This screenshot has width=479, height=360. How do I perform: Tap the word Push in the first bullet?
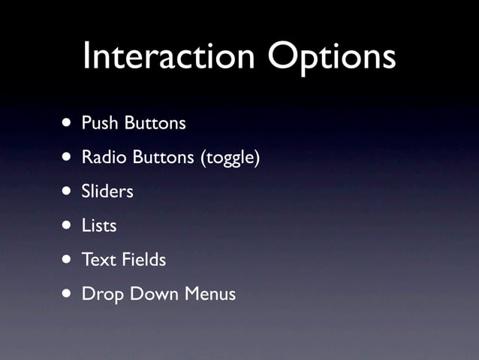tap(98, 123)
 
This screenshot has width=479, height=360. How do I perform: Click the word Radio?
tap(103, 158)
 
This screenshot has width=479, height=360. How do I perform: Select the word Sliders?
tap(107, 192)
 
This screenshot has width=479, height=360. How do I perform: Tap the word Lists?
tap(99, 225)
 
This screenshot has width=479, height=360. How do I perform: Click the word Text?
tap(98, 260)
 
